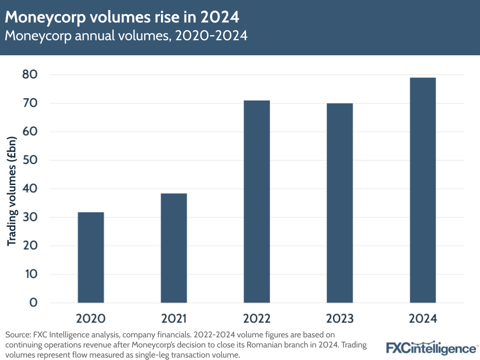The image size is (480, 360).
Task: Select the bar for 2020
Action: pyautogui.click(x=90, y=257)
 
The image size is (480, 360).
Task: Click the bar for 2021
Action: pyautogui.click(x=173, y=248)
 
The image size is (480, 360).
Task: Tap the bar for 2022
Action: pyautogui.click(x=257, y=201)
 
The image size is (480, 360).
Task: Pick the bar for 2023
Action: pyautogui.click(x=340, y=203)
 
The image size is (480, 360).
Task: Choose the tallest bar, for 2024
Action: pyautogui.click(x=423, y=190)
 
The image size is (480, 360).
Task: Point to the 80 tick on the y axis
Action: pyautogui.click(x=30, y=74)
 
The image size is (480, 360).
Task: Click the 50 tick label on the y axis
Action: pyautogui.click(x=30, y=160)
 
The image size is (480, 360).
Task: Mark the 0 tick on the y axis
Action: pyautogui.click(x=33, y=303)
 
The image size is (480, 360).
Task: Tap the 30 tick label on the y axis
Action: pyautogui.click(x=30, y=217)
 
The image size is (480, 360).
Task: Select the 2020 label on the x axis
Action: pyautogui.click(x=90, y=319)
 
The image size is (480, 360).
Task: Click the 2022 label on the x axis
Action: pyautogui.click(x=257, y=319)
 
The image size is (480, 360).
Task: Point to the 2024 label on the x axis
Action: pyautogui.click(x=423, y=319)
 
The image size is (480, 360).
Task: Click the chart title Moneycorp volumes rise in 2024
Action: pyautogui.click(x=122, y=17)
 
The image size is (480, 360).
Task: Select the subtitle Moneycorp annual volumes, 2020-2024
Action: pyautogui.click(x=126, y=36)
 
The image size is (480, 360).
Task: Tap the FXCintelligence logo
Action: pyautogui.click(x=431, y=348)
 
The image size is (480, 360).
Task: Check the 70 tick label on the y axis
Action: pyautogui.click(x=30, y=103)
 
